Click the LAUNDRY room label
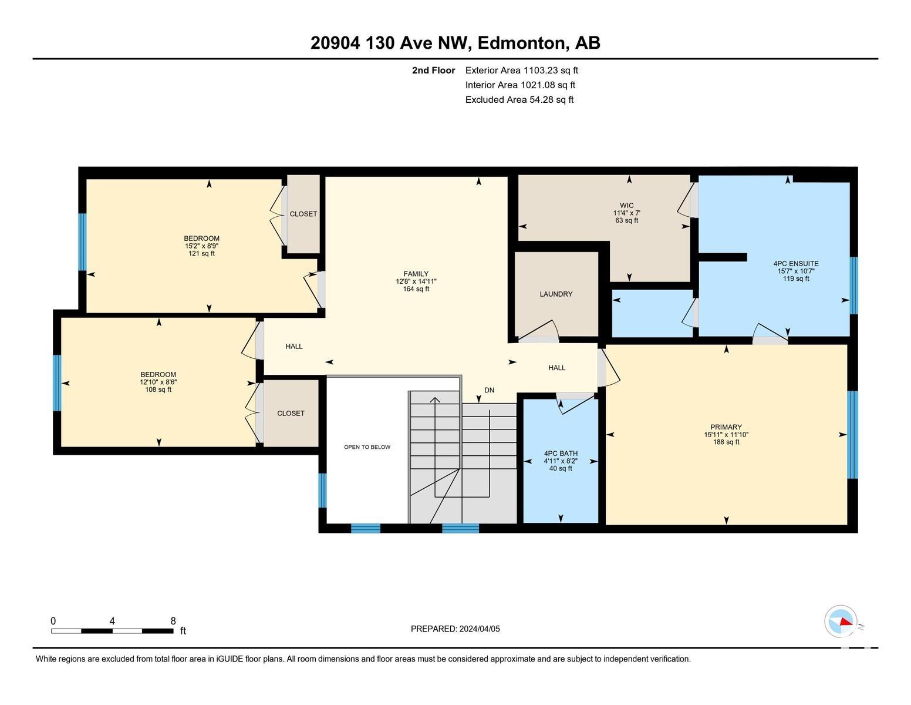555,294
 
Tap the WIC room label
626,206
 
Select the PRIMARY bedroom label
726,427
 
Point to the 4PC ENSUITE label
796,263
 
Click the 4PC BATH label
561,454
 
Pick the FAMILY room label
416,274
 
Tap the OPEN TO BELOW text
367,447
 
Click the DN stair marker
489,390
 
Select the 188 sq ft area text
726,442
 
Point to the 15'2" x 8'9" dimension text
202,246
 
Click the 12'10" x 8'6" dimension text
158,382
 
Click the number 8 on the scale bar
173,621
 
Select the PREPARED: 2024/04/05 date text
455,629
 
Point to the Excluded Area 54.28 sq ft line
519,100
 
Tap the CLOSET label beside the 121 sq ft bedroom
303,214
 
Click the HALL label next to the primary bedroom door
556,368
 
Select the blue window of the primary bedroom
852,435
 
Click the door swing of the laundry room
538,329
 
